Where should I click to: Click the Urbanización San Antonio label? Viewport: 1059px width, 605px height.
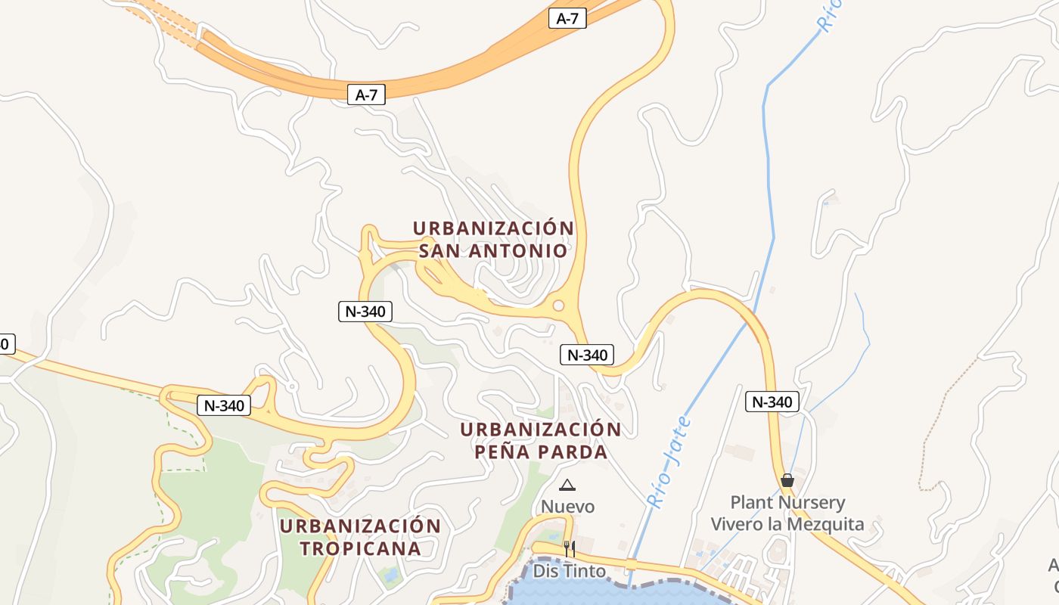493,239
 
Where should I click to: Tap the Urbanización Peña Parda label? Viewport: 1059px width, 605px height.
541,441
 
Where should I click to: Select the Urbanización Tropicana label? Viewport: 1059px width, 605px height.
360,537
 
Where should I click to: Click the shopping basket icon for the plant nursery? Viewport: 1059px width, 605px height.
787,480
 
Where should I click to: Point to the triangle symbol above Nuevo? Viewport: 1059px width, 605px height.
567,485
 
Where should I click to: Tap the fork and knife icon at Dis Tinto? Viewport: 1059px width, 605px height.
569,548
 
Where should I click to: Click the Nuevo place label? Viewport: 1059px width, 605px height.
567,506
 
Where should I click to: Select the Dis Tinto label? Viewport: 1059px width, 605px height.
569,570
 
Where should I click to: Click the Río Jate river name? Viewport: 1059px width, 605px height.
669,461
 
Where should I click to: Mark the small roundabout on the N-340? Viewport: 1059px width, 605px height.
559,306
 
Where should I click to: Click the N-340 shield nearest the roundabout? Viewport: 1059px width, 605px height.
586,354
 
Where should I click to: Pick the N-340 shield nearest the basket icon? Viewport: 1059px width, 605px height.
772,402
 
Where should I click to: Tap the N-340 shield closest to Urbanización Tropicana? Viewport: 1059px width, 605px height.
224,405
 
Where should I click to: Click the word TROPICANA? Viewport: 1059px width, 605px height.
360,548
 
